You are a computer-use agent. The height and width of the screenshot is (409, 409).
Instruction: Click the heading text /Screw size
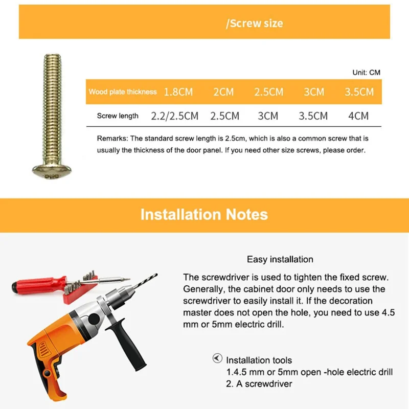pyautogui.click(x=254, y=24)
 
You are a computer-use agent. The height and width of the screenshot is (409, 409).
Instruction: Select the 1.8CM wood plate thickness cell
pyautogui.click(x=178, y=92)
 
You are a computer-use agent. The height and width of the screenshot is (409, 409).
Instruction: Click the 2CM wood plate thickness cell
pyautogui.click(x=223, y=92)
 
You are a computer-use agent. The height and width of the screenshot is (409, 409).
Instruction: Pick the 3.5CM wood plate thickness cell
pyautogui.click(x=359, y=92)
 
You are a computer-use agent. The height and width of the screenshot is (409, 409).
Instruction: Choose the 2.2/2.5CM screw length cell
pyautogui.click(x=174, y=116)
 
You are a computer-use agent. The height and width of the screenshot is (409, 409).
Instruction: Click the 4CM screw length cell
pyautogui.click(x=358, y=116)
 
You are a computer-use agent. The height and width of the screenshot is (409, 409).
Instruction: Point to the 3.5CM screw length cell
pyautogui.click(x=313, y=116)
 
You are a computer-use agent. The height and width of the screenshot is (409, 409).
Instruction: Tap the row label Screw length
pyautogui.click(x=118, y=116)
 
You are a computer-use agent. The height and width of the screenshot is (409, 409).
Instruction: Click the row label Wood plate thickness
pyautogui.click(x=123, y=92)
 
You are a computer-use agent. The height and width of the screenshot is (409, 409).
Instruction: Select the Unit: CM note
pyautogui.click(x=366, y=73)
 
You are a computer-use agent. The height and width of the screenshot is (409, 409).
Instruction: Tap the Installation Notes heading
pyautogui.click(x=204, y=214)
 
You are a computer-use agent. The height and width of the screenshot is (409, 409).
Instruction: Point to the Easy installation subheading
pyautogui.click(x=280, y=260)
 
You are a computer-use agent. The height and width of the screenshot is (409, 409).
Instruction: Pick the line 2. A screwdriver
pyautogui.click(x=259, y=383)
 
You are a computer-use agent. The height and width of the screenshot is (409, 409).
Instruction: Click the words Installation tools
pyautogui.click(x=259, y=360)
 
